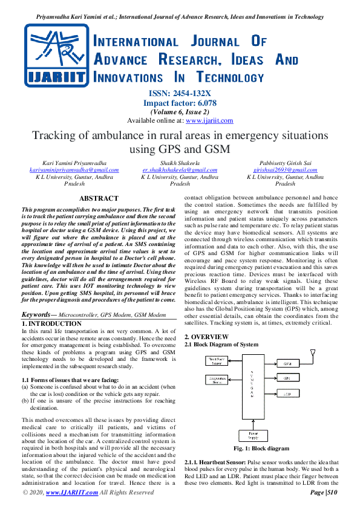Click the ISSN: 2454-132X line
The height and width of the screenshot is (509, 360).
pyautogui.click(x=180, y=94)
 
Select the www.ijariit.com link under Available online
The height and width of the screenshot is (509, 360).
pyautogui.click(x=205, y=120)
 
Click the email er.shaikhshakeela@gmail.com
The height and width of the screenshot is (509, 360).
pyautogui.click(x=180, y=170)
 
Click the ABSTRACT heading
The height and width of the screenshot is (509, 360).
pyautogui.click(x=99, y=198)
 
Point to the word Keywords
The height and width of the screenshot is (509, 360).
pyautogui.click(x=36, y=314)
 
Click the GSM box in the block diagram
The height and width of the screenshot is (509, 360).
pyautogui.click(x=288, y=364)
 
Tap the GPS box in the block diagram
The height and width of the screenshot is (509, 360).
pyautogui.click(x=288, y=378)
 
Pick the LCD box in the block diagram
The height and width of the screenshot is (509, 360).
pyautogui.click(x=288, y=393)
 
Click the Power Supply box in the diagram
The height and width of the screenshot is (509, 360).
pyautogui.click(x=249, y=435)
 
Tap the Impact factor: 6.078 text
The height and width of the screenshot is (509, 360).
pyautogui.click(x=180, y=103)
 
